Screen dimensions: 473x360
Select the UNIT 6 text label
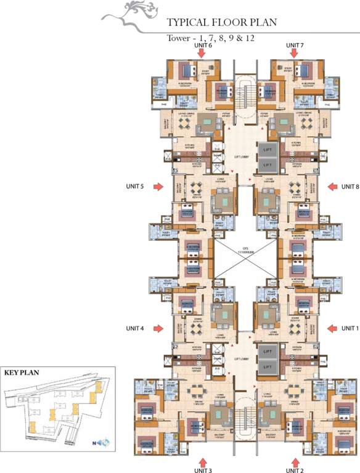point(202,46)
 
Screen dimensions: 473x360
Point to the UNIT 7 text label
point(295,46)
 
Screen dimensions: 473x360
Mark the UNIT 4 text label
point(134,328)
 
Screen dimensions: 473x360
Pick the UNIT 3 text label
point(202,470)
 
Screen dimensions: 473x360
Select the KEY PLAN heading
point(22,373)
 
